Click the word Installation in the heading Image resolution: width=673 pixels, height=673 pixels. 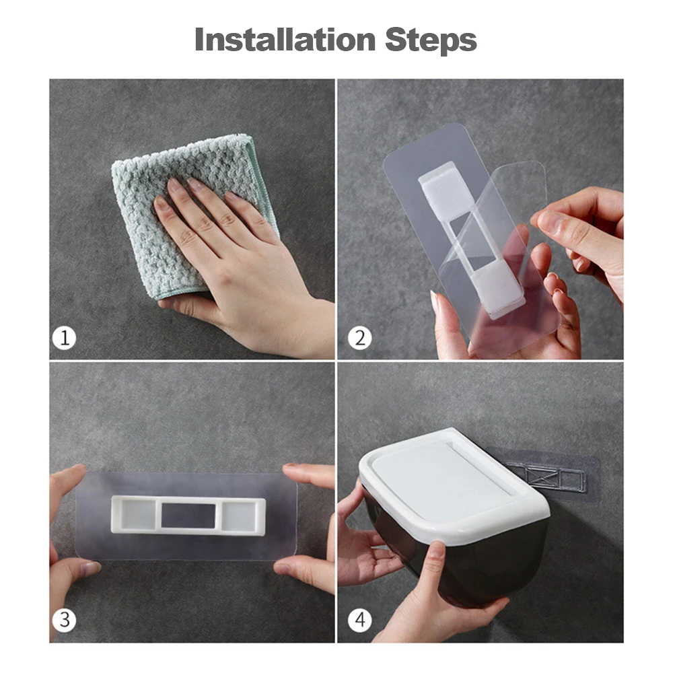pos(285,40)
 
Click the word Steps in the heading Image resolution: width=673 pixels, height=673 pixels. pos(431,41)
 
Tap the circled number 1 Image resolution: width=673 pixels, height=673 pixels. pos(65,338)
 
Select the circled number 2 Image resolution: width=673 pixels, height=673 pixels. pos(359,338)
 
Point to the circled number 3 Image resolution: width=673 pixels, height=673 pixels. pos(65,620)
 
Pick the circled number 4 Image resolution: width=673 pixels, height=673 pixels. pos(359,620)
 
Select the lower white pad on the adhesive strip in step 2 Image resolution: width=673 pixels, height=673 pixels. pos(498,289)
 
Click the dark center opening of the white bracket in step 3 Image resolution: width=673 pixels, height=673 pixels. pos(188,516)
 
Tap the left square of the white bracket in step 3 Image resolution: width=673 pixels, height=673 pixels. pos(138,515)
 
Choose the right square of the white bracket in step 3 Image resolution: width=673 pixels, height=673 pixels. pos(239,515)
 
